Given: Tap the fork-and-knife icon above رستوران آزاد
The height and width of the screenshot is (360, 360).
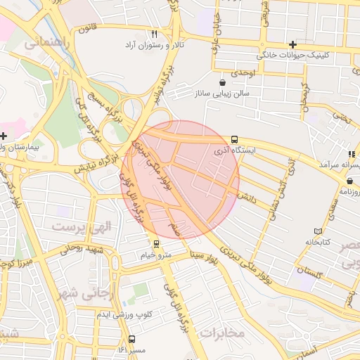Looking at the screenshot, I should (x=154, y=34).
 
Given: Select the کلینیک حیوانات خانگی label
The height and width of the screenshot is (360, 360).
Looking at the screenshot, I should (x=290, y=54).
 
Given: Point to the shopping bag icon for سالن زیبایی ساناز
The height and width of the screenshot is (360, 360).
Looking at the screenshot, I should (x=223, y=82).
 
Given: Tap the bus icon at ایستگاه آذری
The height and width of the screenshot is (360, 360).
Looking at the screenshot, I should (x=233, y=139).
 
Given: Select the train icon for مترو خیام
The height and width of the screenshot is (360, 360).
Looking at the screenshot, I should (x=155, y=244).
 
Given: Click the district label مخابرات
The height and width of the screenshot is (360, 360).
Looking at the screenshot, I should (x=222, y=332).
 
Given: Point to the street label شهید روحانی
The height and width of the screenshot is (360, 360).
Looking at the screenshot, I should (x=82, y=248).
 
